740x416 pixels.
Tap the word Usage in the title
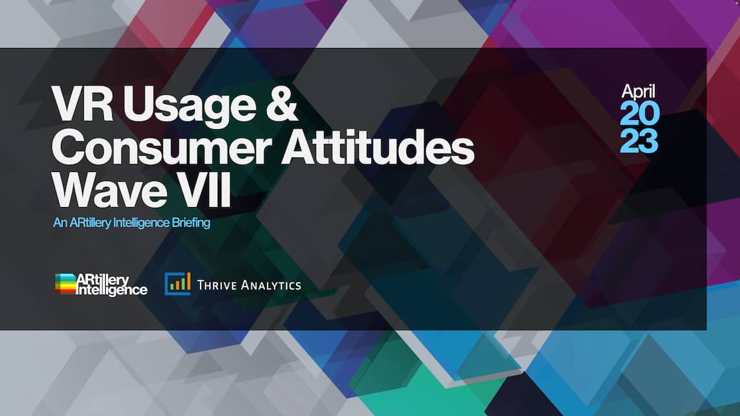(x=190, y=106)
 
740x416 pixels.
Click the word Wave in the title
(x=109, y=190)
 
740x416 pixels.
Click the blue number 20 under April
(x=639, y=114)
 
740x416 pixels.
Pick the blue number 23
(x=639, y=141)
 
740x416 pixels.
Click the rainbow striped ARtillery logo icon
(x=66, y=284)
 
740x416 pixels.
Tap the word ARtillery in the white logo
(x=103, y=280)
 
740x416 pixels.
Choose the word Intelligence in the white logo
(x=112, y=289)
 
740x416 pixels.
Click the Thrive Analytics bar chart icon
(x=177, y=284)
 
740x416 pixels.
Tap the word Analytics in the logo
(x=271, y=285)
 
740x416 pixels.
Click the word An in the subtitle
(x=60, y=223)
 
